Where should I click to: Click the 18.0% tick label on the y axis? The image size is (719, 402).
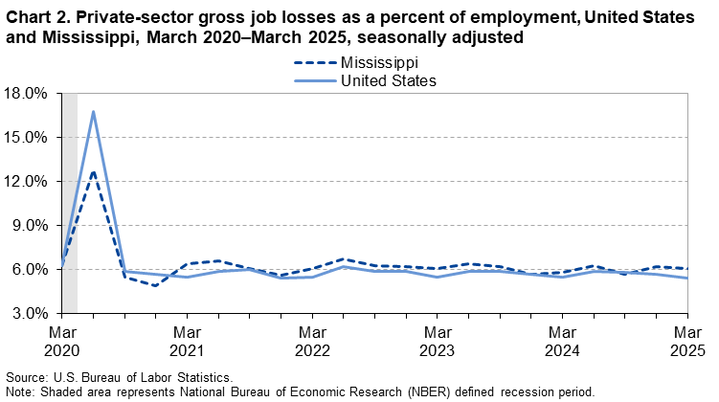[25, 94]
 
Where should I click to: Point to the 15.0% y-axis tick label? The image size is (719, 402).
[25, 138]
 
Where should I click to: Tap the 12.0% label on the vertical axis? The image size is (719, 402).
[25, 182]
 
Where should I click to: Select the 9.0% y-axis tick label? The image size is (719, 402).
[29, 226]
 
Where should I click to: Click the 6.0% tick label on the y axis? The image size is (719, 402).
[29, 270]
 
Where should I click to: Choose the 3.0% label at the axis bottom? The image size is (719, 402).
[29, 314]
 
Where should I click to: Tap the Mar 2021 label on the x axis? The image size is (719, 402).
[188, 342]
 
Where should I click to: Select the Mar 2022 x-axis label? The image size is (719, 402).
[312, 342]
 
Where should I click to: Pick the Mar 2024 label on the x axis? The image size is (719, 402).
[562, 342]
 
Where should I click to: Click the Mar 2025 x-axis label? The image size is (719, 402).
[686, 342]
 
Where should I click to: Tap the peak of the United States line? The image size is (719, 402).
[93, 111]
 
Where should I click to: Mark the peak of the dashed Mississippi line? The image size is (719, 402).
[93, 172]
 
